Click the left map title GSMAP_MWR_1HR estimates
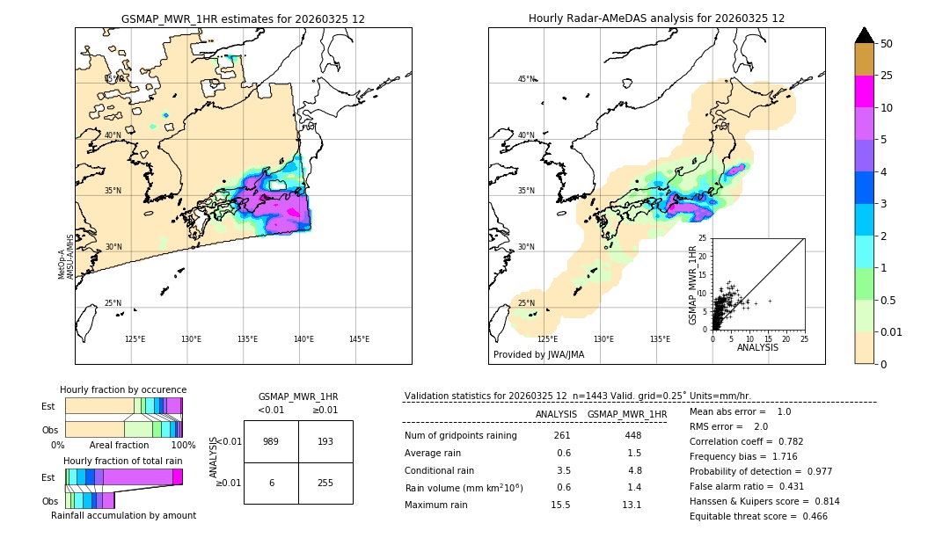point(243,18)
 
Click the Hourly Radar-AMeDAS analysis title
point(656,18)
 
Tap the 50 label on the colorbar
point(887,44)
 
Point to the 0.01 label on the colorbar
point(892,331)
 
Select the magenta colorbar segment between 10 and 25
point(864,91)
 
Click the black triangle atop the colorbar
point(864,35)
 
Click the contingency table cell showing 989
point(271,441)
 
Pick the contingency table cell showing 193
point(325,441)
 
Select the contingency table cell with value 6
point(271,483)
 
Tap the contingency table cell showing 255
point(325,483)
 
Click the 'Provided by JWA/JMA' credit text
point(538,355)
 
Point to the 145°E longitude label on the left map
point(359,339)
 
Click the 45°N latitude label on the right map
point(525,79)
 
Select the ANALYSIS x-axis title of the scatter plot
point(756,347)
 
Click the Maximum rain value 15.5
point(563,505)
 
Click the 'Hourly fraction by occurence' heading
point(123,389)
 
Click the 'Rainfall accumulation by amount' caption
point(123,515)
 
